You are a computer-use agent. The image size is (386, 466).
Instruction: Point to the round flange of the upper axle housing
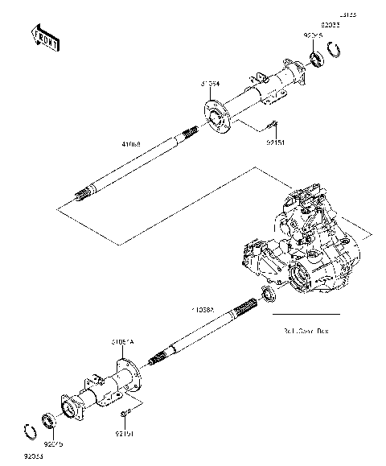click(214, 115)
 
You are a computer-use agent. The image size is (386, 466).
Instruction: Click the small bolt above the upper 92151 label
click(271, 126)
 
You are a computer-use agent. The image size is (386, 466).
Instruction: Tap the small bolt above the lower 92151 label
click(123, 414)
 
